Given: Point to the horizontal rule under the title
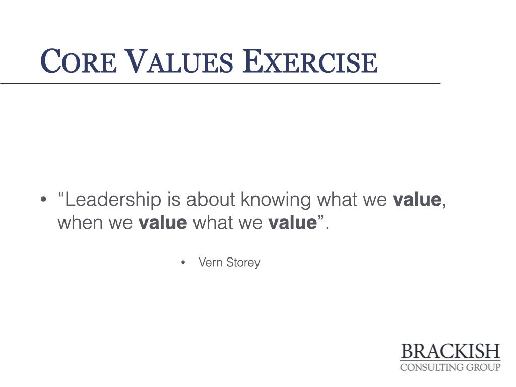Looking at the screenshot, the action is click(x=220, y=84).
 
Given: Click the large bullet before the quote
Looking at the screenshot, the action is click(x=43, y=200).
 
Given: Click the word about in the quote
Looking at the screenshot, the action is click(x=211, y=200).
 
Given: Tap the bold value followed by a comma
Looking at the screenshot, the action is click(x=417, y=200).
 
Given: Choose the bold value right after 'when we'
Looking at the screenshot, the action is click(x=163, y=222).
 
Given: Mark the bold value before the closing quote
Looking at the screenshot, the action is click(x=293, y=222).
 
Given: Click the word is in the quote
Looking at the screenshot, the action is click(x=173, y=200).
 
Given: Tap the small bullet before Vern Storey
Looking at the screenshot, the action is click(x=183, y=262).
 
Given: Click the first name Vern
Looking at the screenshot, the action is click(x=210, y=262).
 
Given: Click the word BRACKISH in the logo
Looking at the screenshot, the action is click(x=450, y=351).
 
